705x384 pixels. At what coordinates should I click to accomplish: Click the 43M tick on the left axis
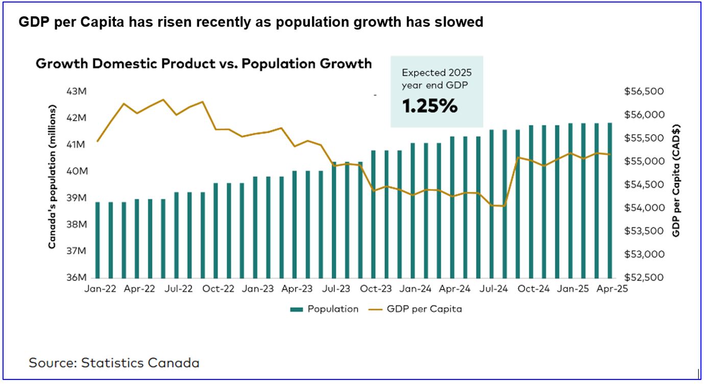click(77, 92)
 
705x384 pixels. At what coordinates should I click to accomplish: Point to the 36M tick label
click(77, 278)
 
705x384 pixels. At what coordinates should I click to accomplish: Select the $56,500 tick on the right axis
click(644, 92)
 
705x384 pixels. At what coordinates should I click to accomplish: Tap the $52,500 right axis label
click(644, 278)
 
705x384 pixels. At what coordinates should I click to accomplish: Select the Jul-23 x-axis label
click(336, 289)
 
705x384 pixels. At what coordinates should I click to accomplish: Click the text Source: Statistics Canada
click(114, 363)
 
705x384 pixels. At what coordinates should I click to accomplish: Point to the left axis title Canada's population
click(52, 177)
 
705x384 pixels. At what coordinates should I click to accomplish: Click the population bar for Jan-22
click(98, 240)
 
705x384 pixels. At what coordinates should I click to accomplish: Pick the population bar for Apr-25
click(610, 200)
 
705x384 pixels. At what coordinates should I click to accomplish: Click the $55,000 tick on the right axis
click(644, 162)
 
